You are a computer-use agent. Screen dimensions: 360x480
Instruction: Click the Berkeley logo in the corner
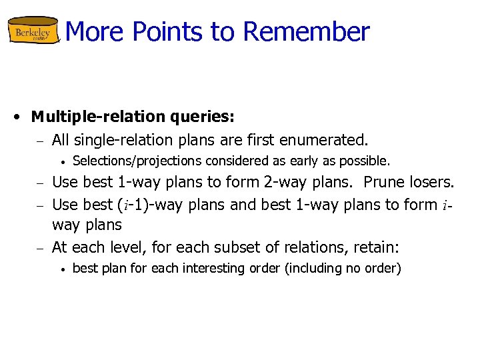[x=33, y=31]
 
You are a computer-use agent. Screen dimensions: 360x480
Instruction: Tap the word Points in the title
[x=182, y=31]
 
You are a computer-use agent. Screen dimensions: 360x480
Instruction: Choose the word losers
[x=431, y=182]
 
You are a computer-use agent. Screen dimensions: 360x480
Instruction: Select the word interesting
[x=199, y=269]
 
